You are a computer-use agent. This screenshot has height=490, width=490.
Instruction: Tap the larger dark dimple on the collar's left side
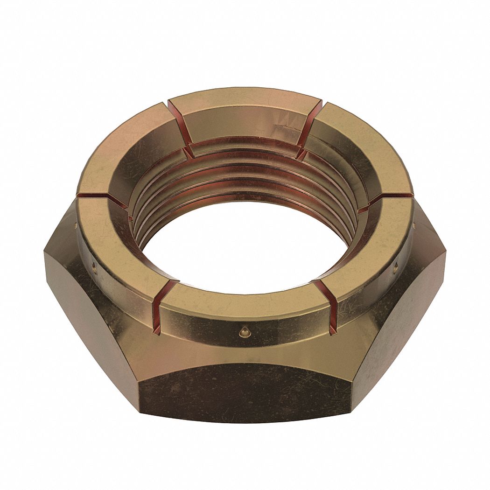[x=95, y=267]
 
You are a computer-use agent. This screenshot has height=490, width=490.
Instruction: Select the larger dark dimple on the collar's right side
[x=396, y=267]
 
